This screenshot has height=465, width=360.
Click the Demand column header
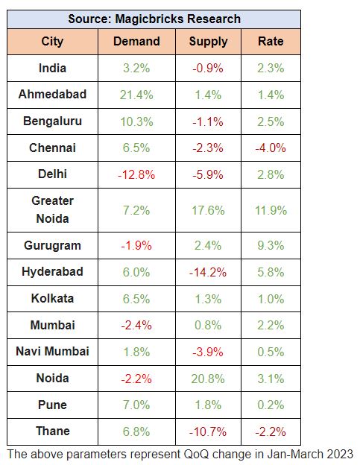[x=136, y=41]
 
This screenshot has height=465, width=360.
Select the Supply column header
[x=208, y=42]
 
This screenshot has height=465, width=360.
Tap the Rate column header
[x=271, y=41]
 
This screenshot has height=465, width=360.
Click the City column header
[x=52, y=42]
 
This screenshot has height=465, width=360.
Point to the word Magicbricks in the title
[x=149, y=19]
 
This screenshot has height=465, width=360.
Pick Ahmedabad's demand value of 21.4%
[x=136, y=95]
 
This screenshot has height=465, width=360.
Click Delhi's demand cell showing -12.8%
[x=136, y=174]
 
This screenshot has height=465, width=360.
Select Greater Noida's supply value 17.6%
[x=208, y=210]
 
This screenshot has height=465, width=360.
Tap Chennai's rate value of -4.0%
[x=271, y=148]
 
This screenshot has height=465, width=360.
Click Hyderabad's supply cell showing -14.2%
[x=208, y=272]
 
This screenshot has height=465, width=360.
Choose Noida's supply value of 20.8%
[x=208, y=379]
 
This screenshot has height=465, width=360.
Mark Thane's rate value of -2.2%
[x=271, y=431]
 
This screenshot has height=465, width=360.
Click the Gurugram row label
[x=52, y=246]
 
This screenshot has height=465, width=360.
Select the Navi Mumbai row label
[x=52, y=352]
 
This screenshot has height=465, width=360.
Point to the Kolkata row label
[x=52, y=298]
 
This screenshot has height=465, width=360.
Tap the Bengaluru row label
[x=52, y=121]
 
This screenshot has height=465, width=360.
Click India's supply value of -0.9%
[x=208, y=69]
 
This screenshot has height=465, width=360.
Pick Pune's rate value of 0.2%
[x=271, y=405]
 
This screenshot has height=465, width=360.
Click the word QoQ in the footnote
[x=196, y=455]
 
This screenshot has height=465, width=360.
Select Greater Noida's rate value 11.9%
[x=271, y=210]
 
